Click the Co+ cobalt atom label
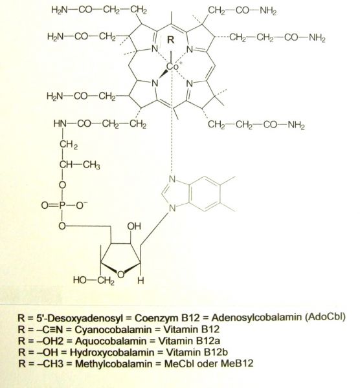click(174, 67)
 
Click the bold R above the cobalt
click(171, 39)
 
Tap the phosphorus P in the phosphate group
click(62, 206)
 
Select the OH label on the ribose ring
click(134, 226)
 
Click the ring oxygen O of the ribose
click(120, 274)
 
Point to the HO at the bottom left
click(80, 280)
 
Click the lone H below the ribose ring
click(141, 281)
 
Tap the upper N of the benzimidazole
click(172, 179)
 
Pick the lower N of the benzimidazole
click(172, 208)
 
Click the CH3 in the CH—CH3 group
click(91, 165)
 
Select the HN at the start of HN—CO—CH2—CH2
click(60, 124)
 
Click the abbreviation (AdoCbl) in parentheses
click(325, 318)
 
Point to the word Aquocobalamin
click(111, 341)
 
